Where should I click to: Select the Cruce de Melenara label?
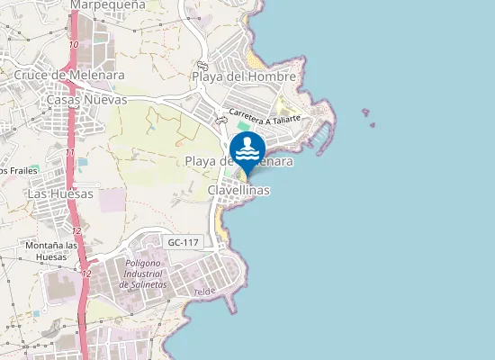click(69, 76)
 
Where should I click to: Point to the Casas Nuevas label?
click(86, 100)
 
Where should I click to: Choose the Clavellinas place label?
click(238, 191)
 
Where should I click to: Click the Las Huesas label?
click(60, 193)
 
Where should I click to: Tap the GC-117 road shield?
click(184, 243)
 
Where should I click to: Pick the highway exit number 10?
click(73, 45)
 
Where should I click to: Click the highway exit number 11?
click(69, 153)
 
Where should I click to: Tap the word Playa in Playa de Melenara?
click(203, 161)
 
